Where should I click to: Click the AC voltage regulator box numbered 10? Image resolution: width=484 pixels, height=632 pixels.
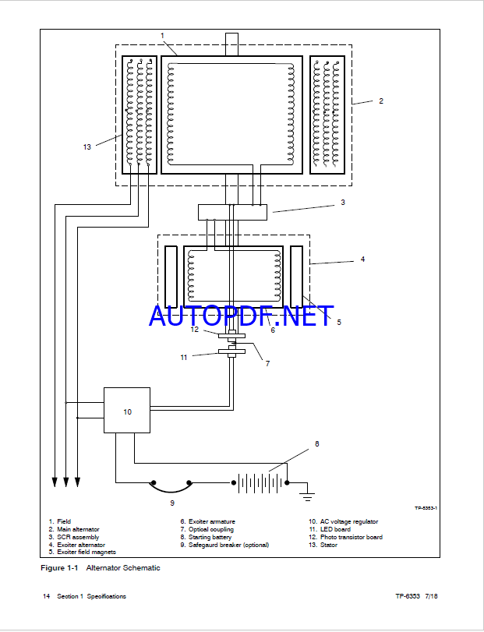[x=127, y=410]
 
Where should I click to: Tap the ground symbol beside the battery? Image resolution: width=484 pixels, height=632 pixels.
[x=308, y=494]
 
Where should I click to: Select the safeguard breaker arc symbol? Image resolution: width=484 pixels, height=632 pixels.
[x=171, y=485]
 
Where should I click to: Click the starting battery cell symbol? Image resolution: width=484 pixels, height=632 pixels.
[x=261, y=482]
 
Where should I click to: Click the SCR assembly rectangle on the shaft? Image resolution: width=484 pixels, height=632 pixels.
[x=232, y=211]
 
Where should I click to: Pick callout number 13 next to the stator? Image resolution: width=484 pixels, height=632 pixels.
[x=87, y=147]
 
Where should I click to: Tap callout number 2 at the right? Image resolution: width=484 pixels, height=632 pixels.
[x=380, y=101]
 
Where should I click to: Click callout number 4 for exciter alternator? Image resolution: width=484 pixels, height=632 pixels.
[x=362, y=260]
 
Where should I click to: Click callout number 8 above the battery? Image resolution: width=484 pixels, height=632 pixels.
[x=316, y=444]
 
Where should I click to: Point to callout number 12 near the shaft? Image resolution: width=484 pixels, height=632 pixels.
[x=196, y=330]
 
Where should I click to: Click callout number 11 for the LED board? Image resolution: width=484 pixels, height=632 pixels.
[x=184, y=357]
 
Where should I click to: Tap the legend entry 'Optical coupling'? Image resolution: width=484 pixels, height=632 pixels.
[x=208, y=529]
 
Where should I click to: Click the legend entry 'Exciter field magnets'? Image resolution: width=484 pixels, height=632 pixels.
[x=82, y=552]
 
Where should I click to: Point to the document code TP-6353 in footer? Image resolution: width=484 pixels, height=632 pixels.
[x=407, y=596]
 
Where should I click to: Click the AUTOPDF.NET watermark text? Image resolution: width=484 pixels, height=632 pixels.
[x=242, y=316]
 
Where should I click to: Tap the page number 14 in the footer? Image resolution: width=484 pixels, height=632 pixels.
[x=47, y=596]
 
